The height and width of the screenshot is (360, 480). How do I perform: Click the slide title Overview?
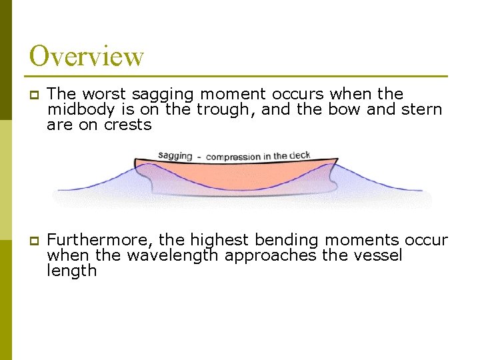click(87, 56)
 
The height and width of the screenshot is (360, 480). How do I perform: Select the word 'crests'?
click(127, 125)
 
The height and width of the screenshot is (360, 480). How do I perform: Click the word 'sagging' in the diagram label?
click(175, 156)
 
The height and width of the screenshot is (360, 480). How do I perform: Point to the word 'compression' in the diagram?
click(233, 157)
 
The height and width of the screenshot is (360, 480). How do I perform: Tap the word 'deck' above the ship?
click(300, 155)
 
